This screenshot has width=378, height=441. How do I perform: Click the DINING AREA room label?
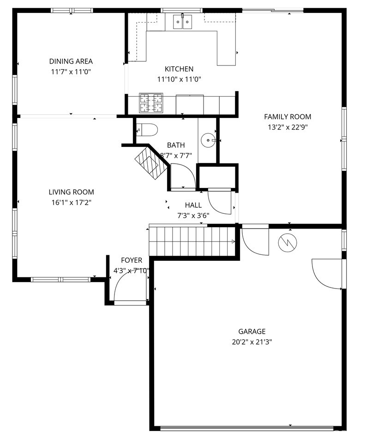pos(71,61)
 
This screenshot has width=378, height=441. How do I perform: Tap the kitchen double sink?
pos(182,22)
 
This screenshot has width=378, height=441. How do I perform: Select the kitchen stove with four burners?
pos(151,103)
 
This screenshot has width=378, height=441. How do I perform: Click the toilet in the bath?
pos(147,130)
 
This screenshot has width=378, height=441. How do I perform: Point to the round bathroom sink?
pos(209,139)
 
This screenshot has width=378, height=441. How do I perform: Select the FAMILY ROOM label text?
pos(287,117)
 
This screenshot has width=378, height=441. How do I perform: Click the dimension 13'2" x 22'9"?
pos(287,128)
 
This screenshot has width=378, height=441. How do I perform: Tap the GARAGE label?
pos(252,331)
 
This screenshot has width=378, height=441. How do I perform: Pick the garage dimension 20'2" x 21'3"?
pos(252,342)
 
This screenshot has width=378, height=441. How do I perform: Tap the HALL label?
pos(193,205)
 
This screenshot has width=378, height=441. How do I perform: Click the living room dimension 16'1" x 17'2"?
pos(71,202)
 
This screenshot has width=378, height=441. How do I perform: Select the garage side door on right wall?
pos(328,274)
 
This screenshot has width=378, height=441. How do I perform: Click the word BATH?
pos(175,145)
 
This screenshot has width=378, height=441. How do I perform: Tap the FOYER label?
pos(132,260)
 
